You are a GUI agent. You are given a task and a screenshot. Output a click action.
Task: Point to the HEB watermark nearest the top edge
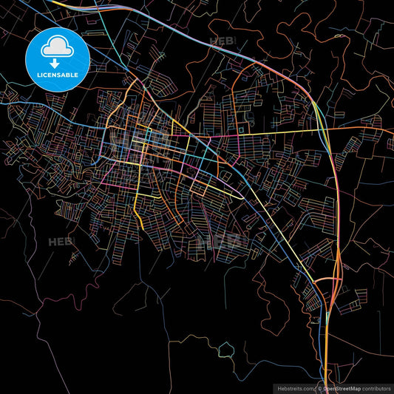(x=222, y=42)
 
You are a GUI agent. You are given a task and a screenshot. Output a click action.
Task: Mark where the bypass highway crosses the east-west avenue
(x=326, y=129)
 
